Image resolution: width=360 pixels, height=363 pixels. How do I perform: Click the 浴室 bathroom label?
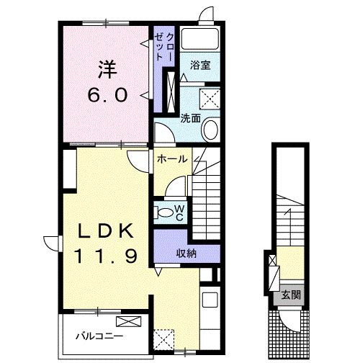(200, 65)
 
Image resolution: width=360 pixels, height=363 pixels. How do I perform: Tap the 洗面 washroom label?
(191, 118)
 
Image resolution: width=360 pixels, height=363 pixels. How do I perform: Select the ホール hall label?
(172, 159)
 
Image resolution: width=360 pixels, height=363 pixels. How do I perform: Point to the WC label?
(179, 212)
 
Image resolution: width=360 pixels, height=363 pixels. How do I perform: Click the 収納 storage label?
(186, 254)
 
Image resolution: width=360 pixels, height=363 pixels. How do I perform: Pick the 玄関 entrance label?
(291, 295)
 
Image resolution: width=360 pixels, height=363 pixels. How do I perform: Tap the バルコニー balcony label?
(99, 336)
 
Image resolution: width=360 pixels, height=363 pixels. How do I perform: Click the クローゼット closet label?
(164, 47)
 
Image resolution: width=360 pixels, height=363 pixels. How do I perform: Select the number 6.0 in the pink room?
(107, 95)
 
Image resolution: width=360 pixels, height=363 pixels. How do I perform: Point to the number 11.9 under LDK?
(106, 256)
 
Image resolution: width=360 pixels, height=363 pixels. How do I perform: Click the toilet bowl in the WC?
(163, 213)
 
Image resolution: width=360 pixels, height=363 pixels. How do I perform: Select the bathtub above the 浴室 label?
(200, 39)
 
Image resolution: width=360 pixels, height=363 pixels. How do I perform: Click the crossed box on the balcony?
(129, 321)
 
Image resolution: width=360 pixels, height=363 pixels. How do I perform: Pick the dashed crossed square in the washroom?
(210, 99)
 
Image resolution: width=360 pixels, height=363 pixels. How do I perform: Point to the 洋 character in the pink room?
(107, 70)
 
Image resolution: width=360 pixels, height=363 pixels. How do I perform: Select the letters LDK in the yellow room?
(106, 230)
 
